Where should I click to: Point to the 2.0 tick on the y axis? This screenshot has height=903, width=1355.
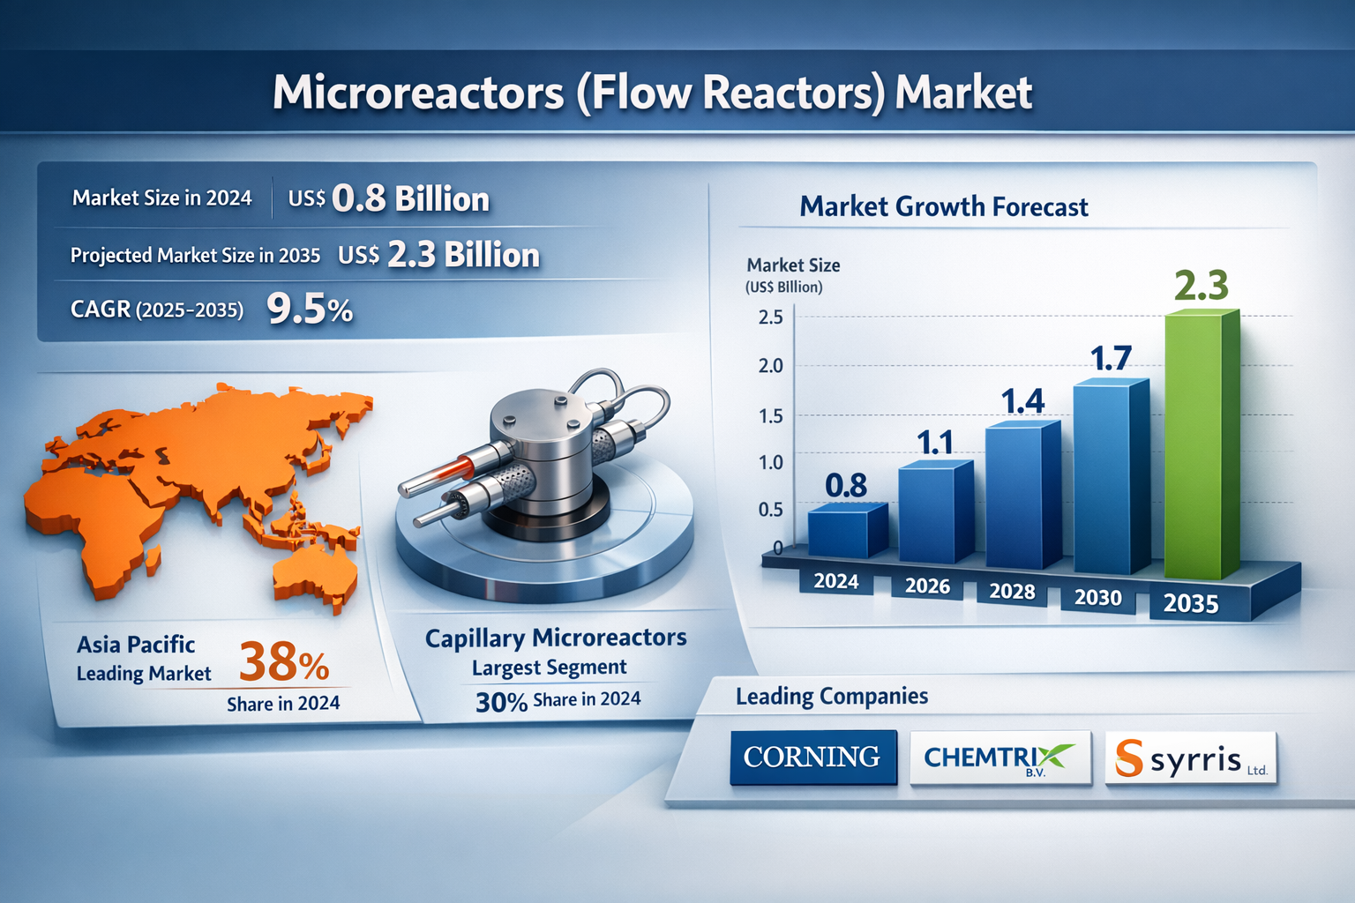(x=770, y=366)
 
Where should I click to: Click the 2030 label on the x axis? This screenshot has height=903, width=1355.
(x=1097, y=598)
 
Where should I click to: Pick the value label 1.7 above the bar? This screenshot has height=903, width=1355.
(x=1110, y=359)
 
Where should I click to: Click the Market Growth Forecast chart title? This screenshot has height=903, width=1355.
(x=943, y=207)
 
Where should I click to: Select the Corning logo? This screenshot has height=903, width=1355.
(x=812, y=757)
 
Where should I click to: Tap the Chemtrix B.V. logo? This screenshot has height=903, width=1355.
(x=999, y=757)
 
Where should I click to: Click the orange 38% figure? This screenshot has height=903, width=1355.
(x=283, y=662)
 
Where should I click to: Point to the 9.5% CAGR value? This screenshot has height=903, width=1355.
(x=310, y=309)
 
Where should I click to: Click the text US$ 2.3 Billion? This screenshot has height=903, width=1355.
(x=438, y=255)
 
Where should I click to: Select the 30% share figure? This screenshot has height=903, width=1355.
(x=501, y=702)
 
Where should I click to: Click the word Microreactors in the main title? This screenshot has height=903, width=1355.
(x=417, y=93)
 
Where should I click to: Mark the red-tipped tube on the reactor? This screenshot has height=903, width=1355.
(x=454, y=468)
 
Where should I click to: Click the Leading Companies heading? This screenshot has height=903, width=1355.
(x=831, y=697)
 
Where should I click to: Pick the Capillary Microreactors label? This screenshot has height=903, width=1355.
(x=555, y=638)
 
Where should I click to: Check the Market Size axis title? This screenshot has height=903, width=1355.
(x=792, y=265)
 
